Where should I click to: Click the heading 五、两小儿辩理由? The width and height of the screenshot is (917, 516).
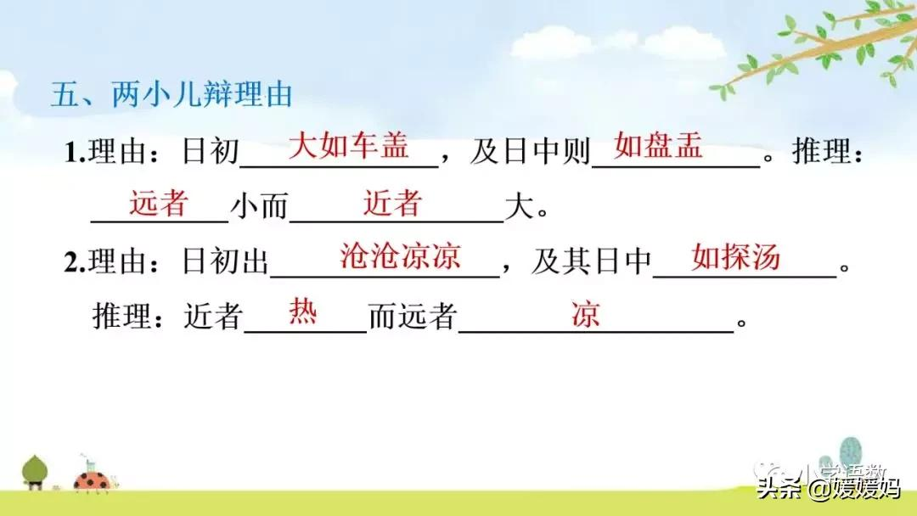(x=171, y=94)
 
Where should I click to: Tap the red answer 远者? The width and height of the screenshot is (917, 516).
(x=158, y=203)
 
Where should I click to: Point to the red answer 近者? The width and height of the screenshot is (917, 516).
(x=392, y=203)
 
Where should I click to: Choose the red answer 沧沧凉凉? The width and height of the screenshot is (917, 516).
(x=400, y=256)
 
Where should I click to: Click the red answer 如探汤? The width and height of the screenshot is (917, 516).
(x=735, y=256)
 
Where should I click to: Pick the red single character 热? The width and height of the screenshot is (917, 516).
(x=303, y=311)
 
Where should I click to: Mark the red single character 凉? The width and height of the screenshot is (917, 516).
(x=585, y=315)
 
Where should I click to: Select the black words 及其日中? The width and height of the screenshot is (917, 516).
(x=591, y=264)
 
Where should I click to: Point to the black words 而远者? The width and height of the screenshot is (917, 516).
(x=413, y=319)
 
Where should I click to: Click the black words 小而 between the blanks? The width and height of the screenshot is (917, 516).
(x=259, y=209)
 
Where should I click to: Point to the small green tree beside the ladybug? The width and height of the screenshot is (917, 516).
(x=36, y=472)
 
